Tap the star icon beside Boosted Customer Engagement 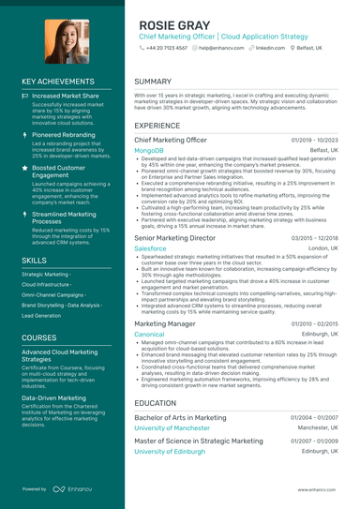click(x=25, y=167)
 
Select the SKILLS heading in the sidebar click(x=34, y=259)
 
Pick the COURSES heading click(x=38, y=337)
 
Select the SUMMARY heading click(x=153, y=82)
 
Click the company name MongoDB click(x=149, y=150)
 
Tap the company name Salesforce click(x=151, y=248)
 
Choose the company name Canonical click(x=149, y=334)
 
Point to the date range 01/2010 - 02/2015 click(x=314, y=323)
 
